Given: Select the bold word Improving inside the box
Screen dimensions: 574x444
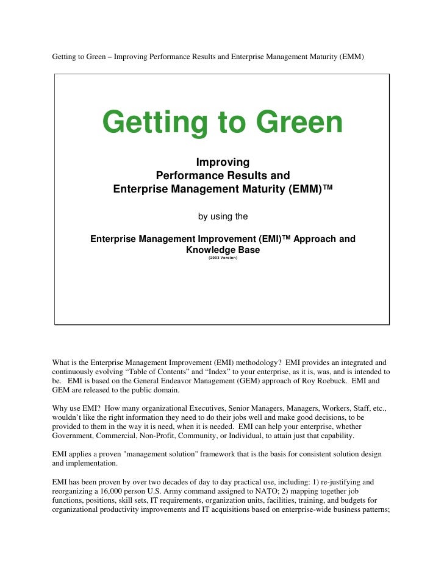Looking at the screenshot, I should (223, 163).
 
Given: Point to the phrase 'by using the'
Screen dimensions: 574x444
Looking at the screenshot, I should (223, 216).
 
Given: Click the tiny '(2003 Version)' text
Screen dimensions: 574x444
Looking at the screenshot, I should (223, 258).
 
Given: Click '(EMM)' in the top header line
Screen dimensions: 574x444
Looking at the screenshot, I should (352, 57).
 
